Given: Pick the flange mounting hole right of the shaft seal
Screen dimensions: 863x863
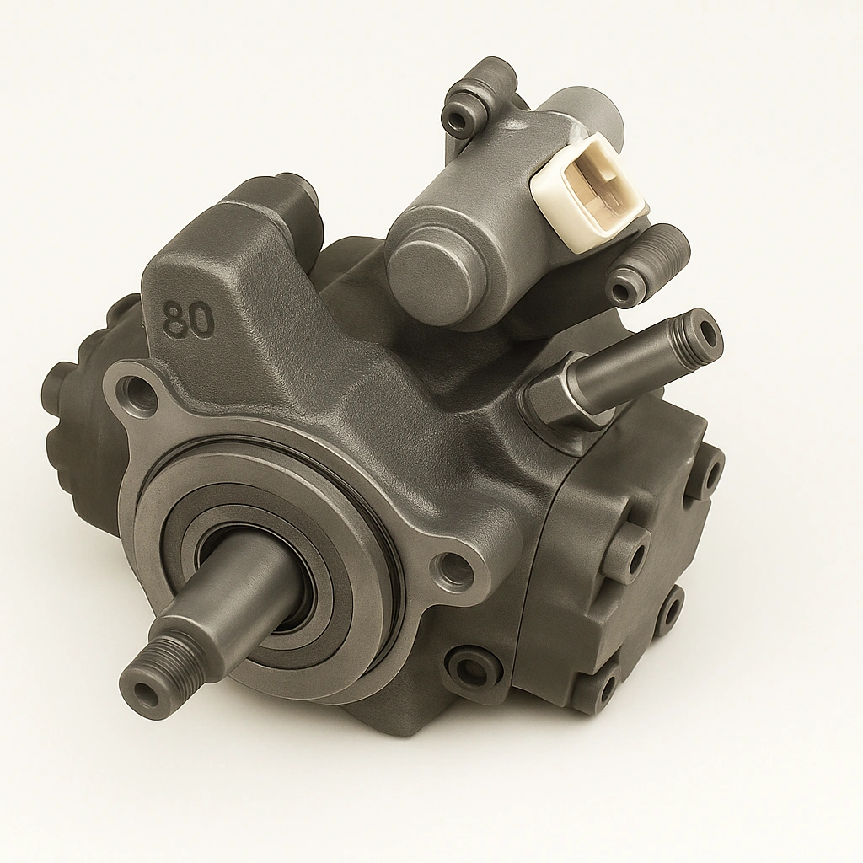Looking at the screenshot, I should coord(454,571).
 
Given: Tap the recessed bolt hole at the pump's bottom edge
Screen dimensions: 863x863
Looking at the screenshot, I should coord(472,670).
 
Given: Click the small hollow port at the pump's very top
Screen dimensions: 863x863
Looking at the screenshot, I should coord(462,121).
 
